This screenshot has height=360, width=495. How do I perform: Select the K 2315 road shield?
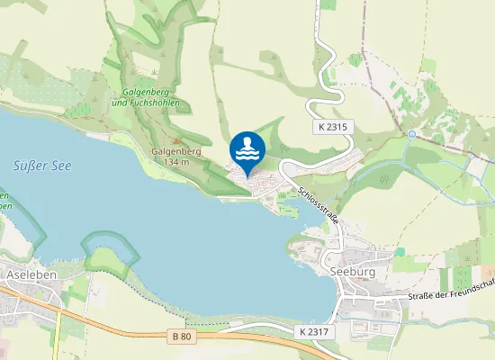[331, 129]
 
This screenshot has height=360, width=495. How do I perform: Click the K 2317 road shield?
[312, 332]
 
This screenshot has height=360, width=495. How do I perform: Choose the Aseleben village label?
[27, 273]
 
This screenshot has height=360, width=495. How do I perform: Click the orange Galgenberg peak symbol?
[177, 141]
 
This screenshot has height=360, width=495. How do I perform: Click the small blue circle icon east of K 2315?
[412, 133]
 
